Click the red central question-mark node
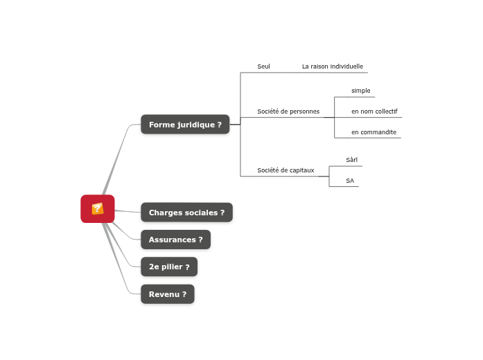(97, 208)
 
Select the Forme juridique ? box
(185, 125)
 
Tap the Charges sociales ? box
(186, 213)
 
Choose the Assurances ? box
(175, 240)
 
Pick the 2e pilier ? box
(169, 267)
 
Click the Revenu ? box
(167, 294)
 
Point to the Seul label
(263, 66)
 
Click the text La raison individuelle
(332, 66)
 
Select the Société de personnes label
(288, 111)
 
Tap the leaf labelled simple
(360, 91)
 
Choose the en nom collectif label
(374, 111)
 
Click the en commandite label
(374, 132)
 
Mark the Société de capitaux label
(286, 170)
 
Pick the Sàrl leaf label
(351, 160)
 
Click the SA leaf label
(350, 181)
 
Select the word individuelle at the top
(346, 66)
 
